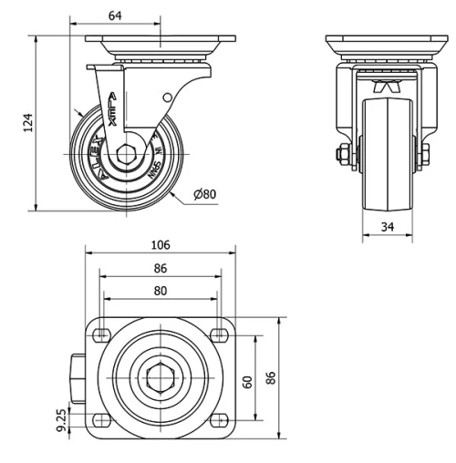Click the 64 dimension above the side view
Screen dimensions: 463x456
tap(115, 15)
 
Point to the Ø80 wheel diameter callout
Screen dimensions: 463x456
tap(207, 194)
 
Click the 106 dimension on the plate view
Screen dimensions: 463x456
tap(161, 245)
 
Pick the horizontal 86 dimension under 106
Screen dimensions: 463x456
tap(161, 269)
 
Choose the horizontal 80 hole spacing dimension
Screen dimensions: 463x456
tap(161, 292)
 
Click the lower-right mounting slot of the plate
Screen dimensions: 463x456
tap(219, 420)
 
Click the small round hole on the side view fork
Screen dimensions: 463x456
tap(167, 98)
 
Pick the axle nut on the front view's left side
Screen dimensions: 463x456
tap(345, 157)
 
